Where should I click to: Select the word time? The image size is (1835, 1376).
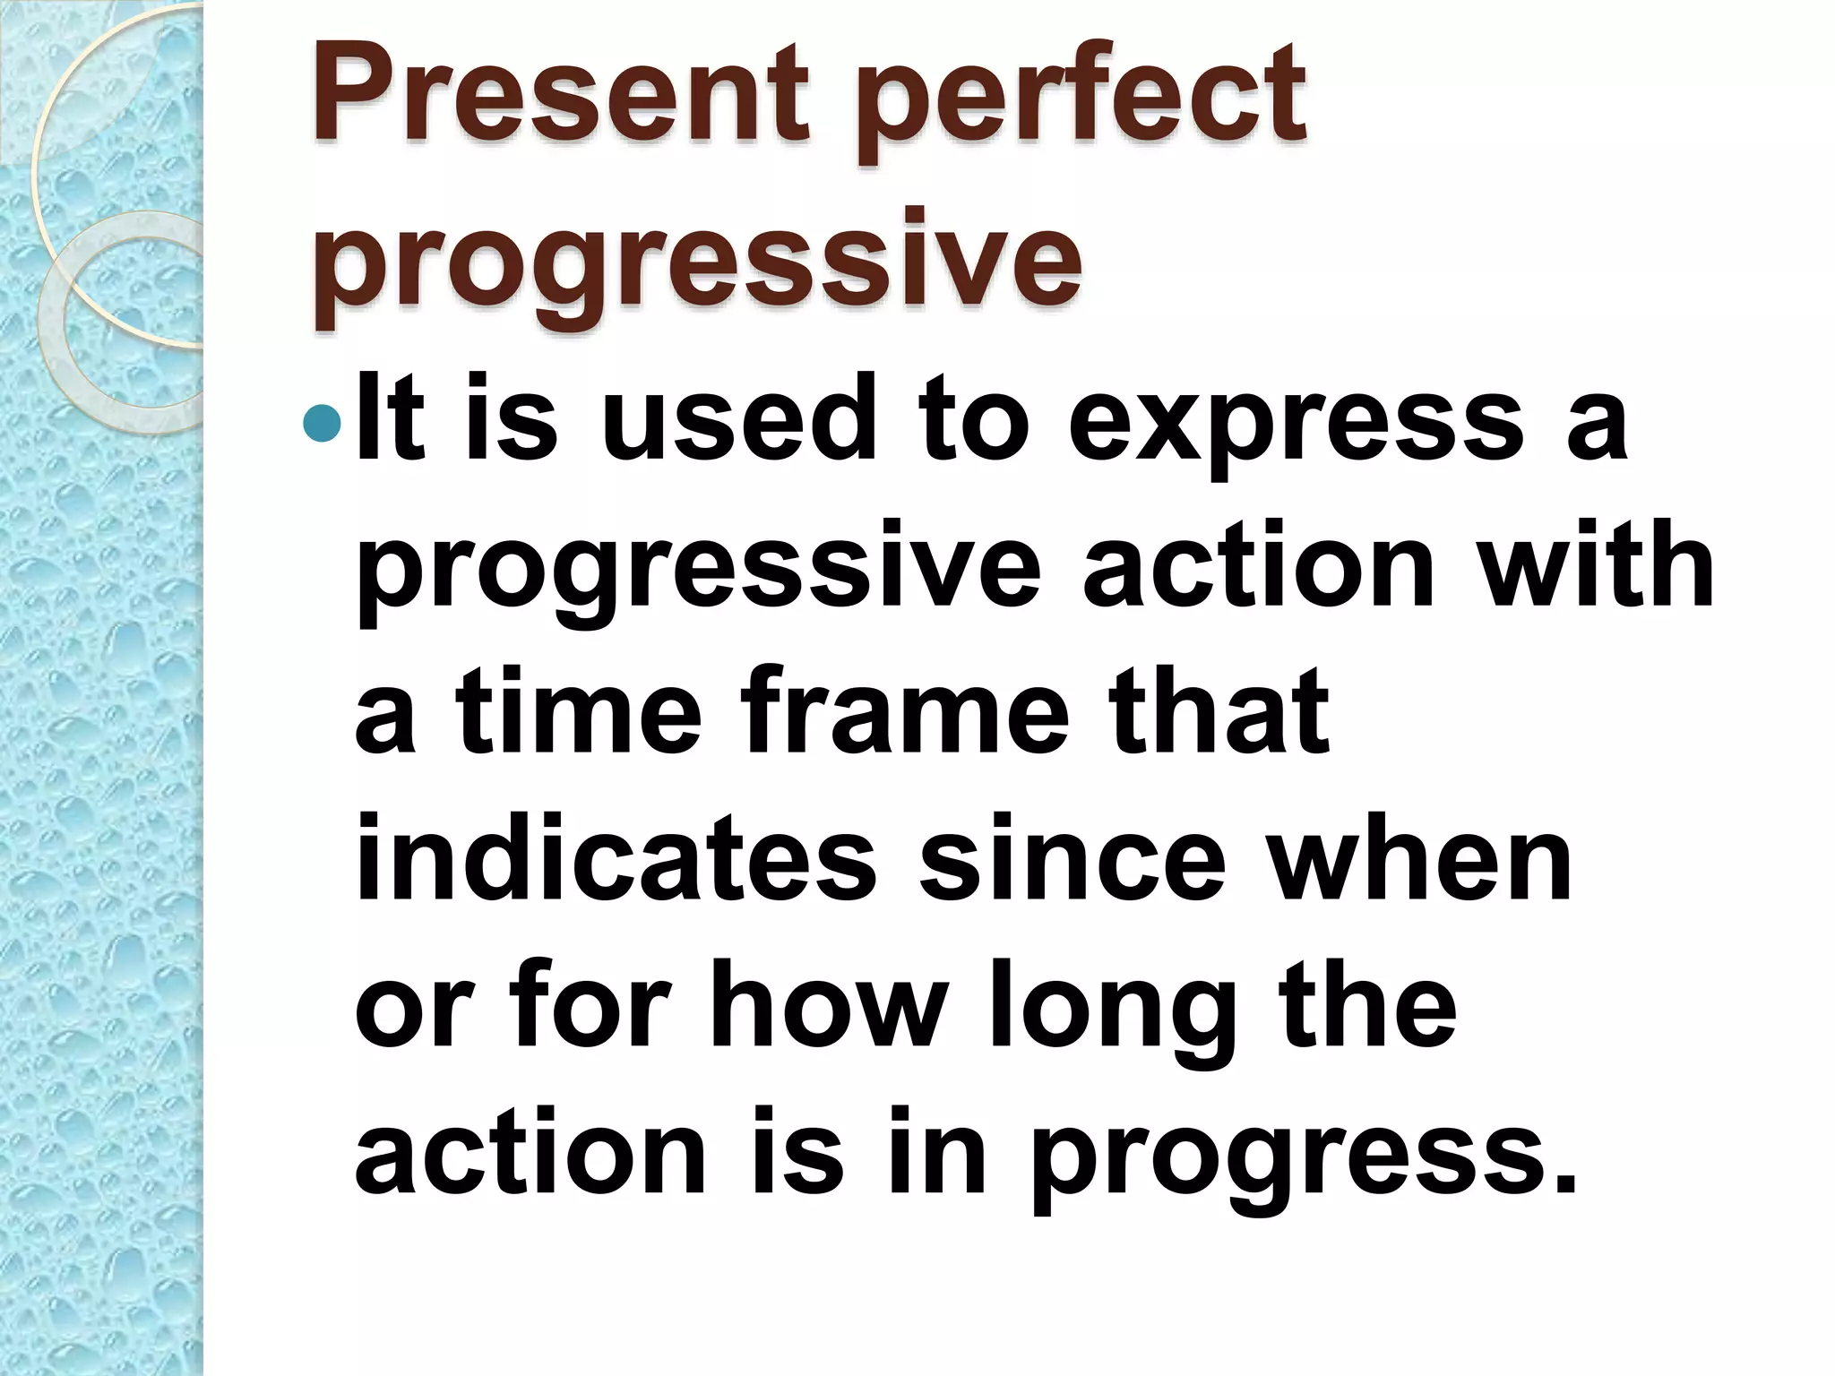[x=578, y=712]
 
